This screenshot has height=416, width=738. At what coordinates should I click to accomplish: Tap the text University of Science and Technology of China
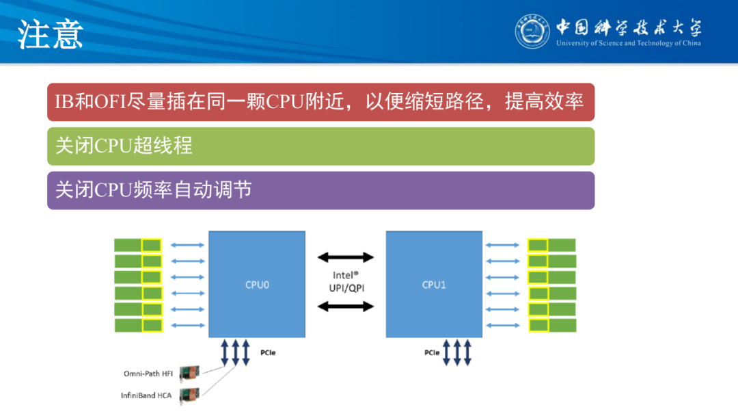click(x=628, y=44)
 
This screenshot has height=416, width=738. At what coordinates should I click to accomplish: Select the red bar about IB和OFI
click(x=320, y=102)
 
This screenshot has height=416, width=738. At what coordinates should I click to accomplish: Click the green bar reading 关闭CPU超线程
click(x=320, y=146)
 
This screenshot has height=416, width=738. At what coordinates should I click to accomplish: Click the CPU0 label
click(x=257, y=285)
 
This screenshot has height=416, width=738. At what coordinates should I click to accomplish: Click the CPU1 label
click(x=433, y=285)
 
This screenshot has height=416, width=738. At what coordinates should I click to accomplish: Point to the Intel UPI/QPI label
click(x=346, y=282)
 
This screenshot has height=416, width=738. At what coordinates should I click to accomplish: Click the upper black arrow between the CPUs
click(x=346, y=257)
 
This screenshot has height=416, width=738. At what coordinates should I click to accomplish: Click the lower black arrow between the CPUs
click(x=346, y=307)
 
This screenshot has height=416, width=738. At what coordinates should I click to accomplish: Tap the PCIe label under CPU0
click(x=268, y=354)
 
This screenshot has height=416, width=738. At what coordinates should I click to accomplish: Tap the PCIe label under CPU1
click(x=431, y=353)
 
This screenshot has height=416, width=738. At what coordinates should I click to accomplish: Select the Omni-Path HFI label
click(x=148, y=374)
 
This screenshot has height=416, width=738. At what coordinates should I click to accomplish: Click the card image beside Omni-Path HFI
click(x=189, y=374)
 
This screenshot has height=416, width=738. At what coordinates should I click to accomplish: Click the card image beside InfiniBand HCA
click(x=189, y=395)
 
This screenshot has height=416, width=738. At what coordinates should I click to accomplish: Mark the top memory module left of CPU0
click(x=137, y=245)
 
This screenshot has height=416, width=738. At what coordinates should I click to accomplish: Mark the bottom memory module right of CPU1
click(x=552, y=325)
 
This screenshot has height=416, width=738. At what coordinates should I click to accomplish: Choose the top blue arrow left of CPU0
click(x=187, y=245)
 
